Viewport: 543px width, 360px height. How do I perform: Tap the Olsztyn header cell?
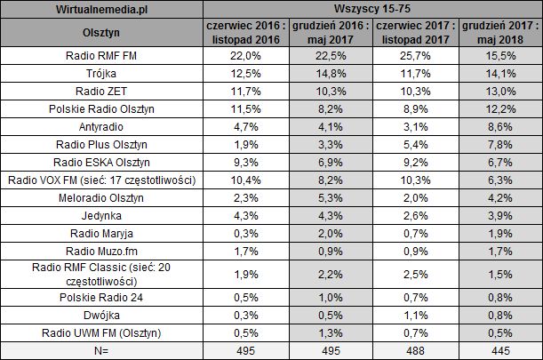102,33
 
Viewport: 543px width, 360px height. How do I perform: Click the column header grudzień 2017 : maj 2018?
499,33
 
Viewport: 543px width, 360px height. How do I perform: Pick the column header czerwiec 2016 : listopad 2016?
242,33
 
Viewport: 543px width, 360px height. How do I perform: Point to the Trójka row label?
102,74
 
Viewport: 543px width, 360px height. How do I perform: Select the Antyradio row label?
102,126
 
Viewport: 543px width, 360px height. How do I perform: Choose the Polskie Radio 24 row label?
102,297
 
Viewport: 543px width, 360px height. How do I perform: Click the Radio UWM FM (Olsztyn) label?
102,332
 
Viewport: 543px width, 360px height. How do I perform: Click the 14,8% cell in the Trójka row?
328,74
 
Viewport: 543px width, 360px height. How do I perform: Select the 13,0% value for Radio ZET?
499,92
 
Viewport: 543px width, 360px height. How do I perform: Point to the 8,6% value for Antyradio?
499,126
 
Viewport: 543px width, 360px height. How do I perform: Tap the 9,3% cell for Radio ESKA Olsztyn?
242,162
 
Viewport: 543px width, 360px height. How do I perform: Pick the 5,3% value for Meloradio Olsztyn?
328,196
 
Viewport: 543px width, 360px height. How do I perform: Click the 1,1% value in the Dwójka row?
413,315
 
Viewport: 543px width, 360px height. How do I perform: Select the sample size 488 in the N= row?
413,350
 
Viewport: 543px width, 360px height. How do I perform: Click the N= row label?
102,350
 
